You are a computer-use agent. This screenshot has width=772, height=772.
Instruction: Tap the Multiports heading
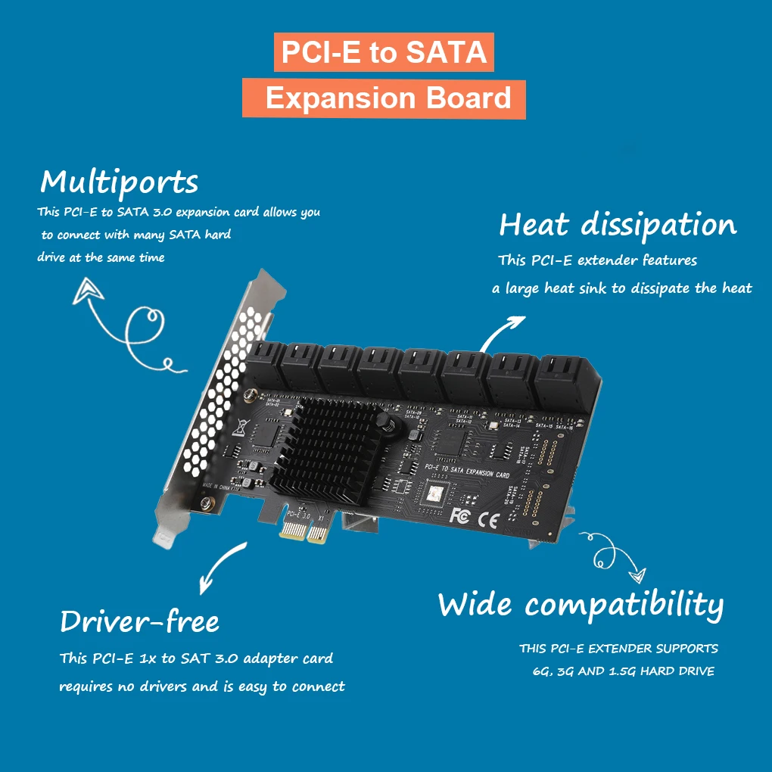coord(119,182)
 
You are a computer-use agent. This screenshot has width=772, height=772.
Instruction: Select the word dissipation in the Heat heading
coord(658,226)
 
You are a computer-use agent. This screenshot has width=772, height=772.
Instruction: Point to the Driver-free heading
coord(139,622)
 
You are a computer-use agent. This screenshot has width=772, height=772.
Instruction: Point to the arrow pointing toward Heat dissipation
coord(503,331)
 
